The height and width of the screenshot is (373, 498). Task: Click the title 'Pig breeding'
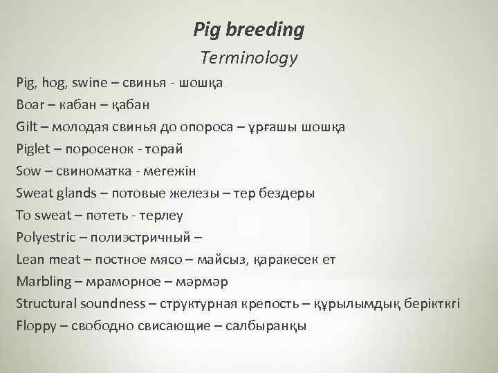[x=248, y=30]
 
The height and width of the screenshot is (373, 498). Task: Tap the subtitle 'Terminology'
[x=248, y=58]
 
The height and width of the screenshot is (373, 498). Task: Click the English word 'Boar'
[x=29, y=105]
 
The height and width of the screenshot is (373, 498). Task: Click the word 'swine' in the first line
[x=84, y=83]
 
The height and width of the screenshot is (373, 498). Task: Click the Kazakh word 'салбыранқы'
[x=270, y=326]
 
